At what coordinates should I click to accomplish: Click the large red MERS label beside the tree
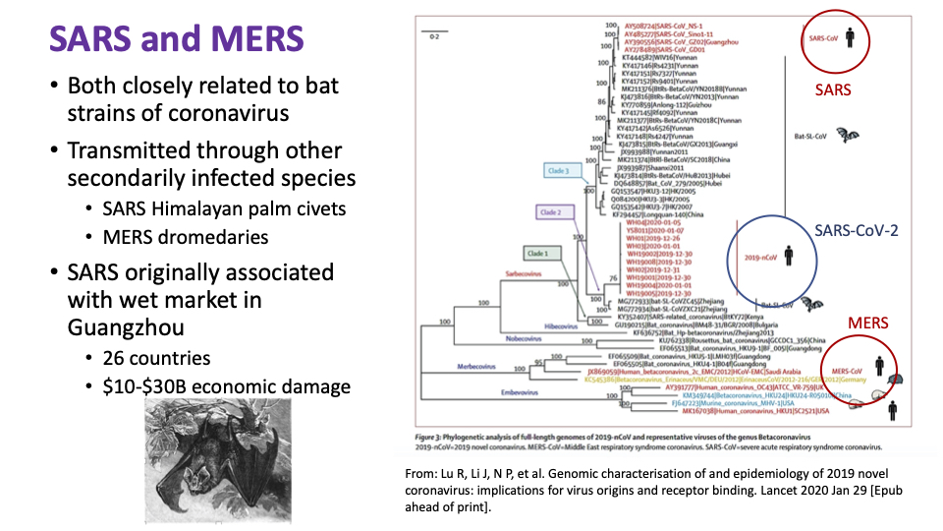(868, 323)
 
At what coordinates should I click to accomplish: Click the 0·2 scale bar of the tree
(433, 36)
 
